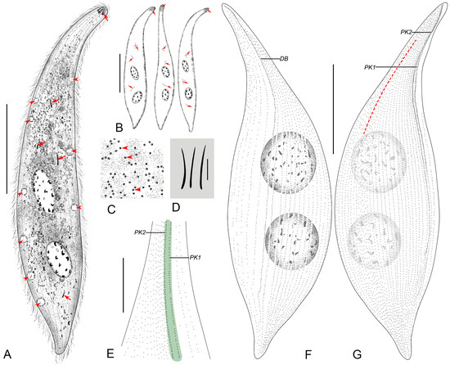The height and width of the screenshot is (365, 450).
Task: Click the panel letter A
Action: pyautogui.click(x=7, y=354)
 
